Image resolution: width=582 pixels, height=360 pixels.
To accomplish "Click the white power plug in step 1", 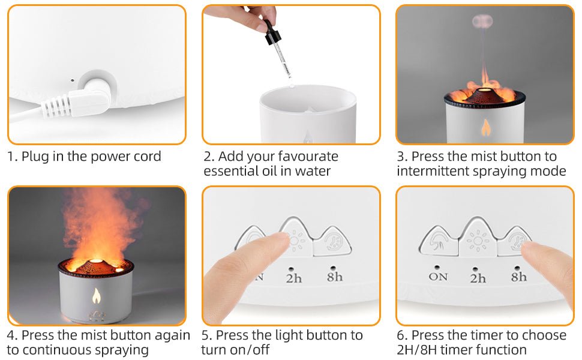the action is click(x=80, y=98).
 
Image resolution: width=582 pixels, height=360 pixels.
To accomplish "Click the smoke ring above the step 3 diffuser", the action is click(x=482, y=21).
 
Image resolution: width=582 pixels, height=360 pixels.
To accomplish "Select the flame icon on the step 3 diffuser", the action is click(x=485, y=127).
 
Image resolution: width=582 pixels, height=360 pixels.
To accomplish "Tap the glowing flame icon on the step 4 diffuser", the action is click(x=97, y=295).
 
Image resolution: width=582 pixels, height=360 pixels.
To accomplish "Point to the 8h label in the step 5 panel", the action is click(x=334, y=277).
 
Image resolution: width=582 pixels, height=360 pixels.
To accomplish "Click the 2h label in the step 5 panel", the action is click(x=293, y=278).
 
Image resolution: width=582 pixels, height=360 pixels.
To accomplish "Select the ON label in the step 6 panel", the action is click(x=438, y=277).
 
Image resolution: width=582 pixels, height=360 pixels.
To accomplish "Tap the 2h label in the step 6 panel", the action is click(x=478, y=278).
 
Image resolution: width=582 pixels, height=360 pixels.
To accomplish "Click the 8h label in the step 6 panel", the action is click(x=518, y=277).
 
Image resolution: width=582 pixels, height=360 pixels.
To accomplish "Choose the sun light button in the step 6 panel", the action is click(x=478, y=239).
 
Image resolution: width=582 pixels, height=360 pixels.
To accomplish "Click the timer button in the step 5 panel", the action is click(x=332, y=242).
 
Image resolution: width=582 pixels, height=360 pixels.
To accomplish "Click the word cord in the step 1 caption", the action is click(x=148, y=156).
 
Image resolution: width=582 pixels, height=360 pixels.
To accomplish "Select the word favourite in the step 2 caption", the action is click(x=308, y=156).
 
